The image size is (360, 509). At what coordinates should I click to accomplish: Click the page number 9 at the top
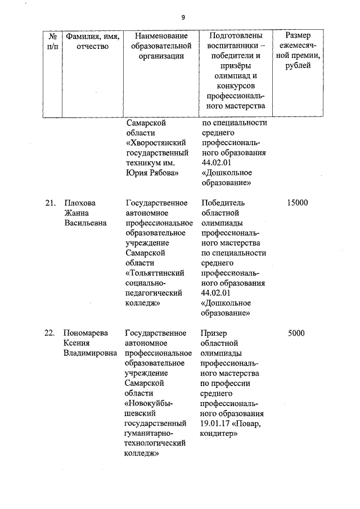coord(183,17)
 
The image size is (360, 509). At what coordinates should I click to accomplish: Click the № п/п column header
coord(50,41)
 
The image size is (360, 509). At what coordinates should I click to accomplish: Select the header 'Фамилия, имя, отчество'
coord(92,41)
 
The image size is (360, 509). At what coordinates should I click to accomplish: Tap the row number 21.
coord(50,203)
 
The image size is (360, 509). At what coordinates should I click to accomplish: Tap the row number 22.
coord(50,333)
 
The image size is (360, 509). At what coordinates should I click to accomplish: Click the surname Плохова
coord(80,203)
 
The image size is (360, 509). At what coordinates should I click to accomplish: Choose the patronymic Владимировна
coord(91,353)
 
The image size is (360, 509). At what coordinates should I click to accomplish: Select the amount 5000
coord(296,333)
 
